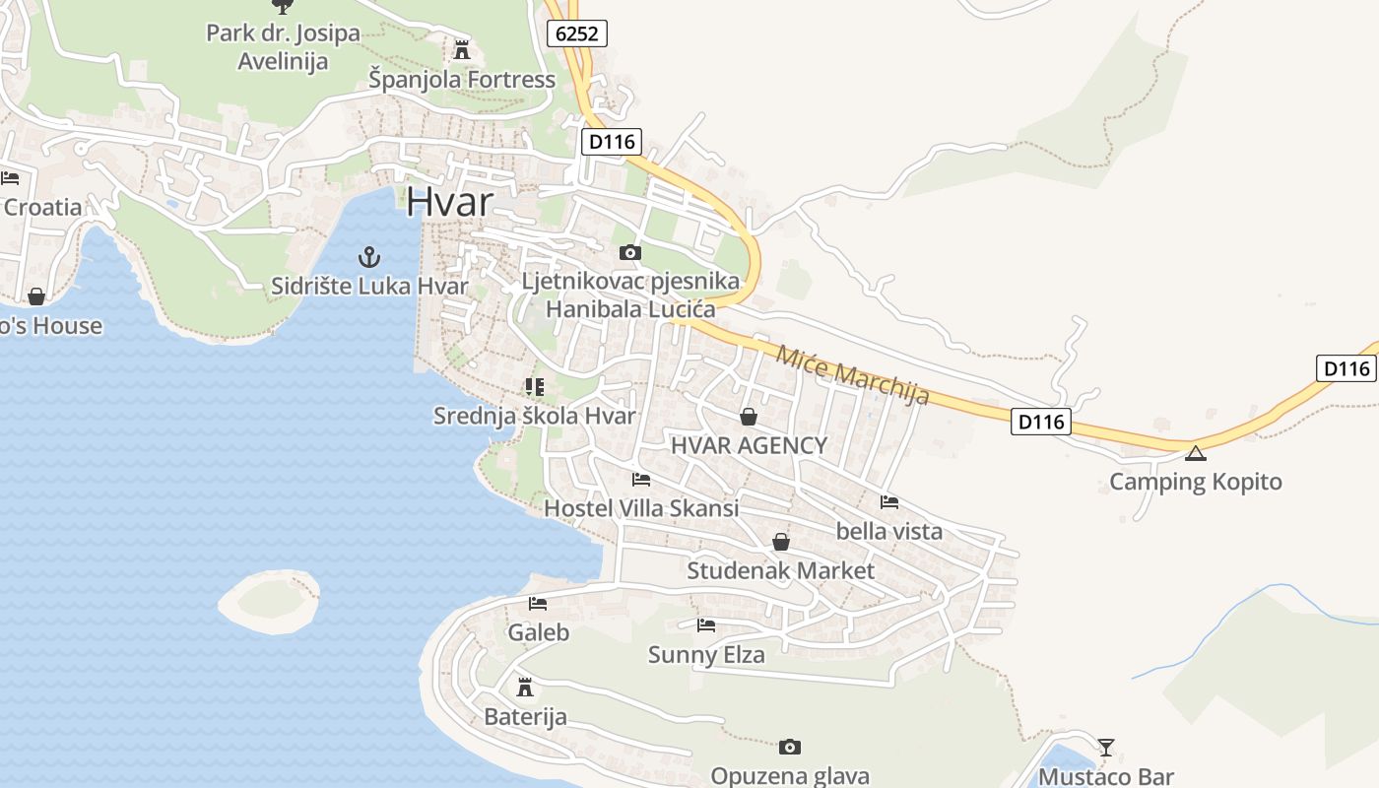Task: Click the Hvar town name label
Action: pos(449,201)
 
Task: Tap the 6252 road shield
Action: pos(576,33)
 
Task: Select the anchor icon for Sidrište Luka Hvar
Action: pos(368,258)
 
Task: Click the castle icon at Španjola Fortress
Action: pos(461,49)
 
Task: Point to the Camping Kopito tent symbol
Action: pos(1195,453)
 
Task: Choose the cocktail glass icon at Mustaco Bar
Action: pos(1106,748)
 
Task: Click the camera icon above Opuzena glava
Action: pos(789,747)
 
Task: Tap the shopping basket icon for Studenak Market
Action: pos(781,542)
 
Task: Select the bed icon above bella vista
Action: pos(889,501)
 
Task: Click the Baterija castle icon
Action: pos(525,687)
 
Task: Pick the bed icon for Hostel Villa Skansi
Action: pos(641,480)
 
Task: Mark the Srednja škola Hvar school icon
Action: pos(535,386)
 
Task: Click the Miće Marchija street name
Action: pos(852,375)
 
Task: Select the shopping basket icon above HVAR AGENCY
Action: pos(749,417)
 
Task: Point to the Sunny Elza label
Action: pos(705,654)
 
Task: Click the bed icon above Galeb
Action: pos(537,603)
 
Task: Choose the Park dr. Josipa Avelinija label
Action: pos(283,46)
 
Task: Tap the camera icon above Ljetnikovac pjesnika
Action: pos(630,253)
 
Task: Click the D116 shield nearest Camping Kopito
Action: pos(1041,422)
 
